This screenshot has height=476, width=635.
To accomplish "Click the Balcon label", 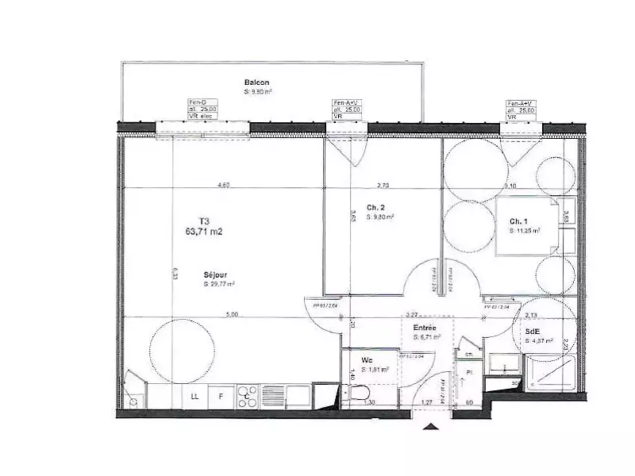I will [x=256, y=83].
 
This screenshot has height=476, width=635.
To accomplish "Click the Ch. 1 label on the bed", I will [x=518, y=221].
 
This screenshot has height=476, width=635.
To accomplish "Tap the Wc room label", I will [x=368, y=359].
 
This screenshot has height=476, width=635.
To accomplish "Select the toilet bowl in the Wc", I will [x=359, y=394].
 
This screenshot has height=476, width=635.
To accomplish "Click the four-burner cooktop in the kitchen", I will [x=248, y=395].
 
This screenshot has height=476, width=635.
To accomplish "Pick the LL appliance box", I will [x=194, y=395].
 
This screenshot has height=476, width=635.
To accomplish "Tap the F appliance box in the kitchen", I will [x=221, y=395].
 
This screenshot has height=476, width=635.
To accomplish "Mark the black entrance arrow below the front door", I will [x=432, y=428].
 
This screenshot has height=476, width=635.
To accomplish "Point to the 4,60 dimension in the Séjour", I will [x=224, y=186].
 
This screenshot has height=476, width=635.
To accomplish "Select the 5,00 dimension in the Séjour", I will [x=232, y=315].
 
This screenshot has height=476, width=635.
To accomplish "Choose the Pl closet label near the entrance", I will [x=469, y=371].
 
